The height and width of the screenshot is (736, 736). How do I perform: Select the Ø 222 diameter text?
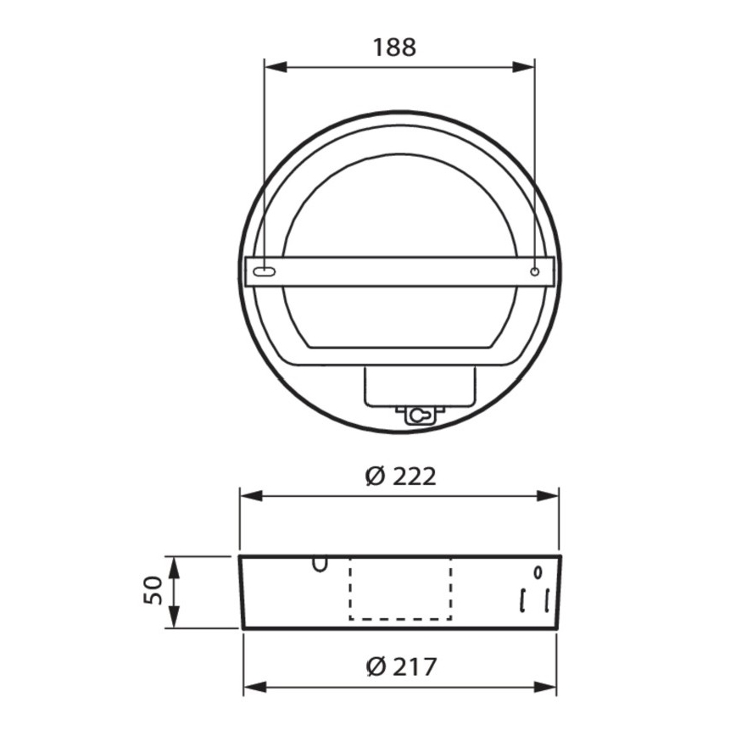pos(401,477)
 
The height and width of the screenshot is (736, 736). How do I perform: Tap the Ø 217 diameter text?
pos(402,667)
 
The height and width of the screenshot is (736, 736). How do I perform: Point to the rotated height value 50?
pos(153,591)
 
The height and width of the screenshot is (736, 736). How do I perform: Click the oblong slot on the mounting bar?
pos(265,272)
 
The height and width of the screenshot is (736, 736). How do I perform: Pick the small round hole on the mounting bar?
pos(534,271)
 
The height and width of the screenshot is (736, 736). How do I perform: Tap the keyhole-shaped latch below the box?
pos(416,414)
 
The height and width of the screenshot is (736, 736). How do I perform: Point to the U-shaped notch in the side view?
pos(320,564)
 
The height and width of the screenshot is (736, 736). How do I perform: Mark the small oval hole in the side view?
pos(538,571)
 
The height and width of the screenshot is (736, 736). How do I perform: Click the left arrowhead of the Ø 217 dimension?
pos(251,686)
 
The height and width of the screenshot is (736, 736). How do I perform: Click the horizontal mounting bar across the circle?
pos(399,272)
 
